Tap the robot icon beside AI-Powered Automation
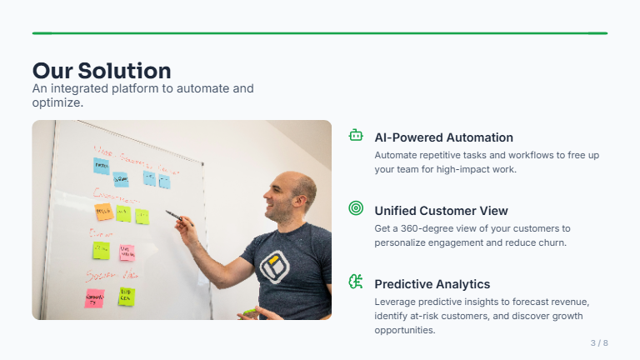pyautogui.click(x=356, y=135)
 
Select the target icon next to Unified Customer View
pyautogui.click(x=356, y=208)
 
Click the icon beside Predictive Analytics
pyautogui.click(x=356, y=282)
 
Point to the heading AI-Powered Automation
pyautogui.click(x=443, y=137)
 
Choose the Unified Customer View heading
pyautogui.click(x=441, y=211)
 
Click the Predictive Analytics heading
pyautogui.click(x=432, y=284)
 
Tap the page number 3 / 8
pyautogui.click(x=599, y=343)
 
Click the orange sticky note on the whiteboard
pyautogui.click(x=103, y=212)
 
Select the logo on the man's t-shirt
pyautogui.click(x=273, y=266)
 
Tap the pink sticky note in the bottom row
pyautogui.click(x=95, y=297)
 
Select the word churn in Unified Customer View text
pyautogui.click(x=551, y=243)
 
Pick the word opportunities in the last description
pyautogui.click(x=405, y=331)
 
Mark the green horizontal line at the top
pyautogui.click(x=320, y=33)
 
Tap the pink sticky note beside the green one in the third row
pyautogui.click(x=127, y=252)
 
